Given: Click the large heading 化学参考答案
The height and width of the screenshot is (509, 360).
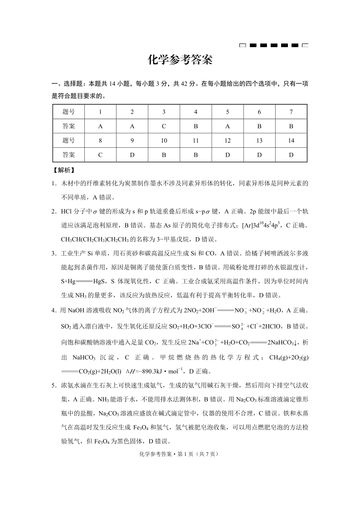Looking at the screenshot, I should click(180, 60).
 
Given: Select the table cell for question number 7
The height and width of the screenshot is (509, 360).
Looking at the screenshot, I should click(291, 112).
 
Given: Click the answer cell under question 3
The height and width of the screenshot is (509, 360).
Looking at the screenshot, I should click(164, 126).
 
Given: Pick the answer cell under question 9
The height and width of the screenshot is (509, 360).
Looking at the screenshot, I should click(132, 155).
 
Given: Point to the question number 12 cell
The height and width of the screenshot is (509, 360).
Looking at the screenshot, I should click(227, 141).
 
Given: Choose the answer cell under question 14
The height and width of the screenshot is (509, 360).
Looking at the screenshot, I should click(291, 155).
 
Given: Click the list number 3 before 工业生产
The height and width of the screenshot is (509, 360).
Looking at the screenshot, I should click(54, 253).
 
